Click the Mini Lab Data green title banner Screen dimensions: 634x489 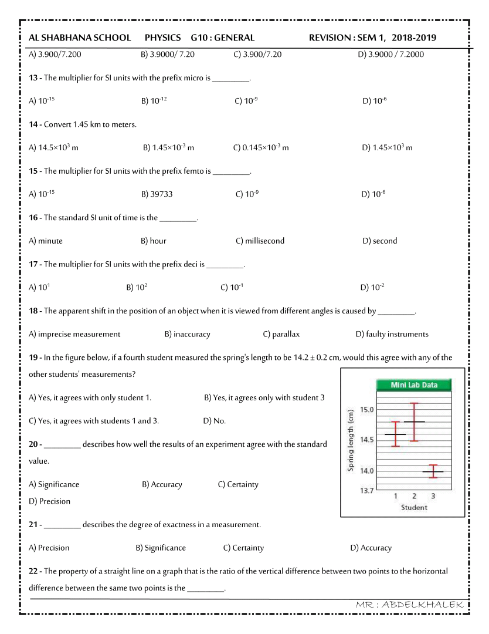pos(414,385)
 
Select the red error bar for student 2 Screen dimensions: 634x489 pos(414,421)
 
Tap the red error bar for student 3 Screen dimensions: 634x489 pos(433,471)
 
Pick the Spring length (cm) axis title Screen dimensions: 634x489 pos(351,440)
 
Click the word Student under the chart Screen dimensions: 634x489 pos(414,507)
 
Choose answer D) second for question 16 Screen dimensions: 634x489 pos(379,241)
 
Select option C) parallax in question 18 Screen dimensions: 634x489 pos(281,334)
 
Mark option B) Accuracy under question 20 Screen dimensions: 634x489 pos(162,484)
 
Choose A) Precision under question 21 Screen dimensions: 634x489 pos(49,548)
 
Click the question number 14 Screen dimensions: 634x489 pos(33,124)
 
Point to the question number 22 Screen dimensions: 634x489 pos(33,571)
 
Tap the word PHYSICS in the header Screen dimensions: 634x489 pos(162,38)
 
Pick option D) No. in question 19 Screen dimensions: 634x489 pos(214,421)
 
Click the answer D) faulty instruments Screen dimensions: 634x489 pos(392,334)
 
